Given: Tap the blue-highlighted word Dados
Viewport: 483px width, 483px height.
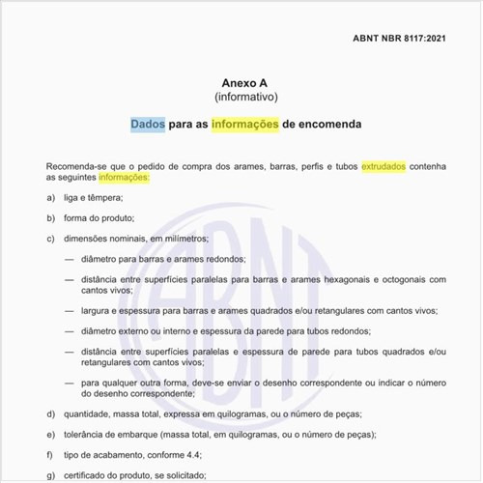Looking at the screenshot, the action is (x=148, y=125).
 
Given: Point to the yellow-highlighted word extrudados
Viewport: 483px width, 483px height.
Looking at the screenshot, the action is (x=384, y=166).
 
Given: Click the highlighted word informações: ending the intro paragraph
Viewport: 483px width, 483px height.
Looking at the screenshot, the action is (x=125, y=179).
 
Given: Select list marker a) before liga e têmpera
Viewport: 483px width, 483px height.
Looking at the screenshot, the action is (x=50, y=198).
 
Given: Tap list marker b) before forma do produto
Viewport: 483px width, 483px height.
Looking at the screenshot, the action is (x=50, y=217).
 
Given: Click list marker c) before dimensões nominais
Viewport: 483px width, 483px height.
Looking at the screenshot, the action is (x=50, y=238).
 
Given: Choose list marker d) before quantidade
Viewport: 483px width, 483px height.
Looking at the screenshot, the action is (x=50, y=414).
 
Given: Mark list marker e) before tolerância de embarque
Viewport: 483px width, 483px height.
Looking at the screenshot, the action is (x=50, y=435).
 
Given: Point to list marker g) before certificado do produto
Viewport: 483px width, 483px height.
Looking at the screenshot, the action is (x=50, y=475).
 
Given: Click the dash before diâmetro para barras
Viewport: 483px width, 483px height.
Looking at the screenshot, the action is (x=70, y=259).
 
